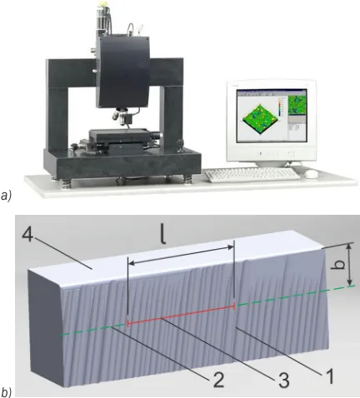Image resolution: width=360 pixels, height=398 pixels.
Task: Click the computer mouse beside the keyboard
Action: (311, 174)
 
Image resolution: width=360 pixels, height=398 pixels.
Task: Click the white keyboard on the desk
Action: (252, 175)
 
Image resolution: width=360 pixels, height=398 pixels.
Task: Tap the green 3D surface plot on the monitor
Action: (260, 119)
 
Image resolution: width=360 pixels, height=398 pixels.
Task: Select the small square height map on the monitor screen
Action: (297, 105)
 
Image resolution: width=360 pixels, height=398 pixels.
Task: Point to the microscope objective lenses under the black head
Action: (120, 116)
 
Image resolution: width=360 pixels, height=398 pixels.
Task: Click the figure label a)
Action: (6, 196)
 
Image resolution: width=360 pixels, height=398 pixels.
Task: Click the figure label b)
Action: (6, 392)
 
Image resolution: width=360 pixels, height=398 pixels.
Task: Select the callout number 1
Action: (327, 376)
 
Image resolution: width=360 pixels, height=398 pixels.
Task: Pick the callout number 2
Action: (218, 379)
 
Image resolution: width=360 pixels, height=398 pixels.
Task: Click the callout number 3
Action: (283, 380)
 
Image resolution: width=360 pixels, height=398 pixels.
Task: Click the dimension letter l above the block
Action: (163, 235)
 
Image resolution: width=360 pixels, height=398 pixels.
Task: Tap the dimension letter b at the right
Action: (338, 264)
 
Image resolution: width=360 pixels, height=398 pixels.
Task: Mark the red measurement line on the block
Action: (181, 315)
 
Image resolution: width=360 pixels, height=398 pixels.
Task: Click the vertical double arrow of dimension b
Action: (350, 264)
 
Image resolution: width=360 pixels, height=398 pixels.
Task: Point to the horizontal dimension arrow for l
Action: (182, 255)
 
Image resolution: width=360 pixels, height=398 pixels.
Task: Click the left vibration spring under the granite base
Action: (65, 182)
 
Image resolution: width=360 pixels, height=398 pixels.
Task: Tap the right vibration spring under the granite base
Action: (187, 179)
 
